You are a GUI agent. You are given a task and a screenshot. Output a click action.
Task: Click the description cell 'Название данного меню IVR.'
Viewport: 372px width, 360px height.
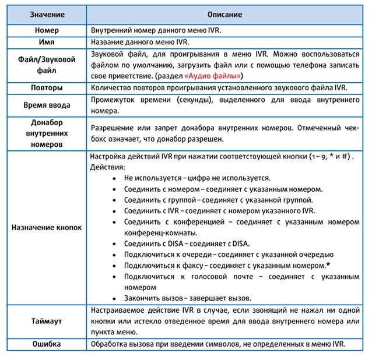click(x=140, y=42)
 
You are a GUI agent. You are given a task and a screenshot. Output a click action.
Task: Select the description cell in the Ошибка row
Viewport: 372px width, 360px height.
click(x=218, y=344)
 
